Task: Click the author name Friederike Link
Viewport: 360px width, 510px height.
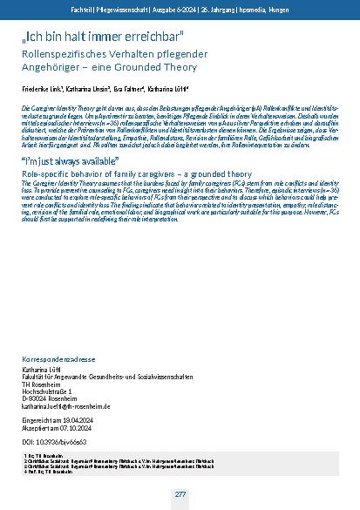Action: point(42,90)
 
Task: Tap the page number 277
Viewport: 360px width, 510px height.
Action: point(180,495)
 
